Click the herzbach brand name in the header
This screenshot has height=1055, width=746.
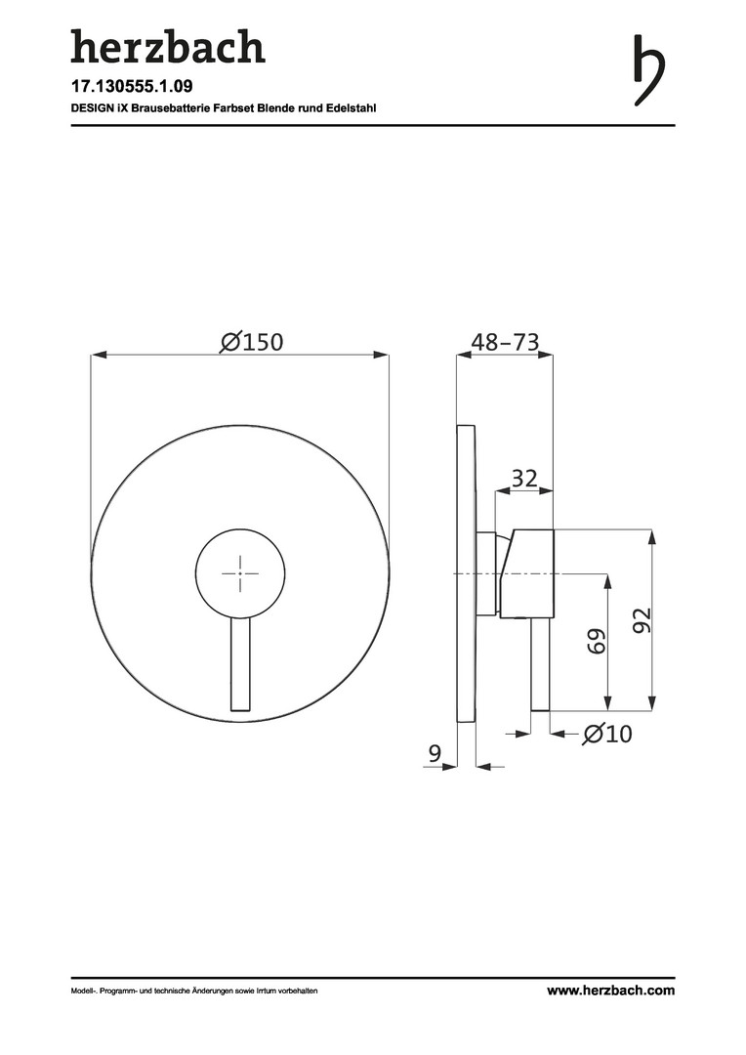click(x=168, y=47)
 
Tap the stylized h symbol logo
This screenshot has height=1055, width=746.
click(x=649, y=70)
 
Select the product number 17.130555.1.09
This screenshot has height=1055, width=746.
click(x=127, y=87)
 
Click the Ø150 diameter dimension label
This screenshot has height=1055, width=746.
click(x=252, y=342)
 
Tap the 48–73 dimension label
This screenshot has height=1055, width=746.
click(x=505, y=342)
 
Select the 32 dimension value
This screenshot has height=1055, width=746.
click(x=524, y=479)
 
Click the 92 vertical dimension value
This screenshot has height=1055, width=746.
click(x=642, y=619)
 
